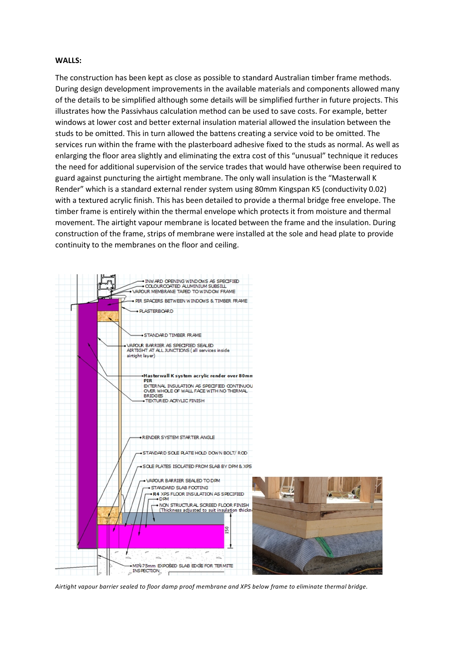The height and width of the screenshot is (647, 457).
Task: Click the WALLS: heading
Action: point(68,60)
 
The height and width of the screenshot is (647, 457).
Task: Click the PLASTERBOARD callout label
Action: point(156,311)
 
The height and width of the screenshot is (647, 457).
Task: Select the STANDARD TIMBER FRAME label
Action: point(172,335)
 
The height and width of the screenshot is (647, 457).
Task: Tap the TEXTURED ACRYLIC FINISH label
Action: point(175,401)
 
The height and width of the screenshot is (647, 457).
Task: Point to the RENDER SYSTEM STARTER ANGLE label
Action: point(178,438)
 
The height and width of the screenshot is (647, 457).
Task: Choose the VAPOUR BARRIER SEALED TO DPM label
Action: point(183,481)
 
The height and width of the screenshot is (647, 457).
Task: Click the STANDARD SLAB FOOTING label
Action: point(179,488)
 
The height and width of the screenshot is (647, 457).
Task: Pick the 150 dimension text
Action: point(227,530)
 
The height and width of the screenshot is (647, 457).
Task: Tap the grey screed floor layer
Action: point(173,518)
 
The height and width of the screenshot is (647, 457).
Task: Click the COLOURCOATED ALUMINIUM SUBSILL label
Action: point(185,286)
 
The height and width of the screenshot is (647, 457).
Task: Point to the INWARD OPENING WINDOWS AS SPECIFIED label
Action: point(192,281)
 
